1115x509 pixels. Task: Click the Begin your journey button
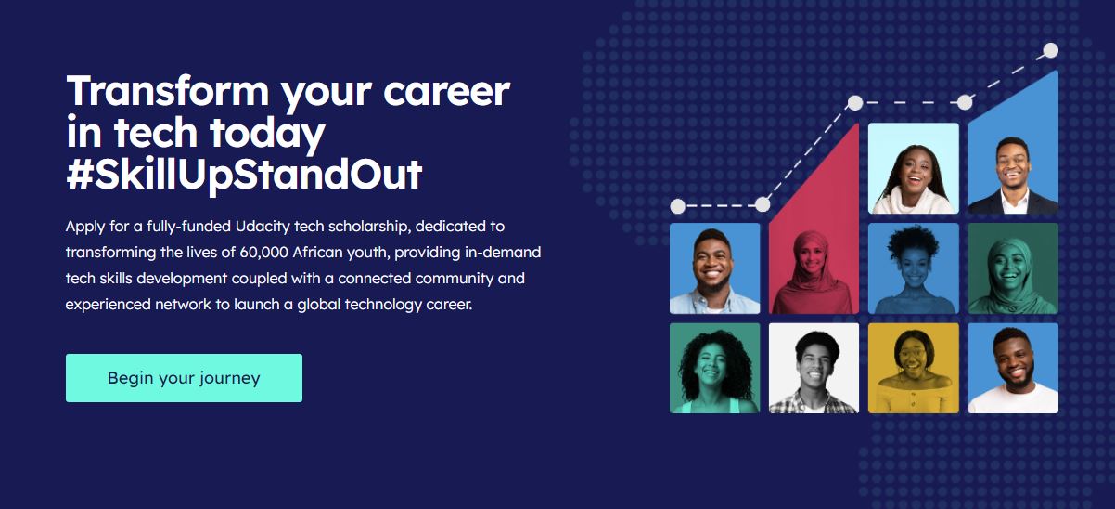point(184,378)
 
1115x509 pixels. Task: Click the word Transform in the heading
point(168,91)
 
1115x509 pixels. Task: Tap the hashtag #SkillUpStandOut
point(244,175)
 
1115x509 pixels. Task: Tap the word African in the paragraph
point(316,253)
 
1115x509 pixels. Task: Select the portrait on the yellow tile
point(914,368)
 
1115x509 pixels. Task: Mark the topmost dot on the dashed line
point(1051,50)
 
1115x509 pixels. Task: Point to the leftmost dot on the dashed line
point(678,206)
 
